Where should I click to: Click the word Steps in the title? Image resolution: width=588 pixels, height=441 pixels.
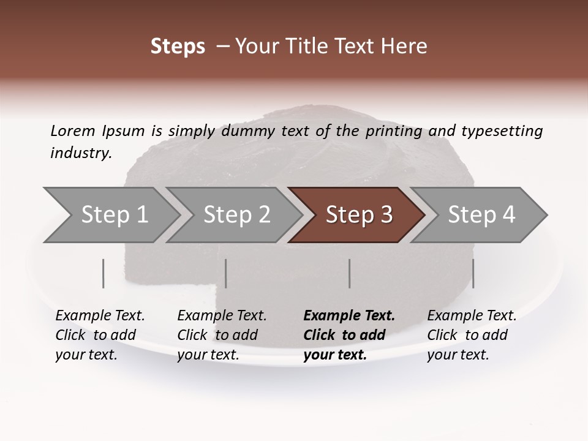point(178,47)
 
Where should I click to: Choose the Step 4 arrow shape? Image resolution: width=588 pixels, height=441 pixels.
point(481,215)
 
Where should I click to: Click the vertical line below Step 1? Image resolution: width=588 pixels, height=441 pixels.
point(104,273)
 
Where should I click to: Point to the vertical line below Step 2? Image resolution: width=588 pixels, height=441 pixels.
point(226,273)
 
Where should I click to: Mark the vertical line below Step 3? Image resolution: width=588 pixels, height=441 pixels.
point(350,273)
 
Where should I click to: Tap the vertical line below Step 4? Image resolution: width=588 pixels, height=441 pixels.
point(473,273)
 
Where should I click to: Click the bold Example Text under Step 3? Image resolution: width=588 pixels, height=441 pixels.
point(349,316)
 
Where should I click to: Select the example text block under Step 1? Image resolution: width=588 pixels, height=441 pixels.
point(100,335)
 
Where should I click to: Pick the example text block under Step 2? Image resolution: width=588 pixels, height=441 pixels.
point(222,335)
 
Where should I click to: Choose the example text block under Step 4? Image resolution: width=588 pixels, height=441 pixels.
point(472,335)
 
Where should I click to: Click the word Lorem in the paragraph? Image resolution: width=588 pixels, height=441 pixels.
point(73,131)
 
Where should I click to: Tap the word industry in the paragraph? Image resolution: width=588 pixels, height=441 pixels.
point(80,153)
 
